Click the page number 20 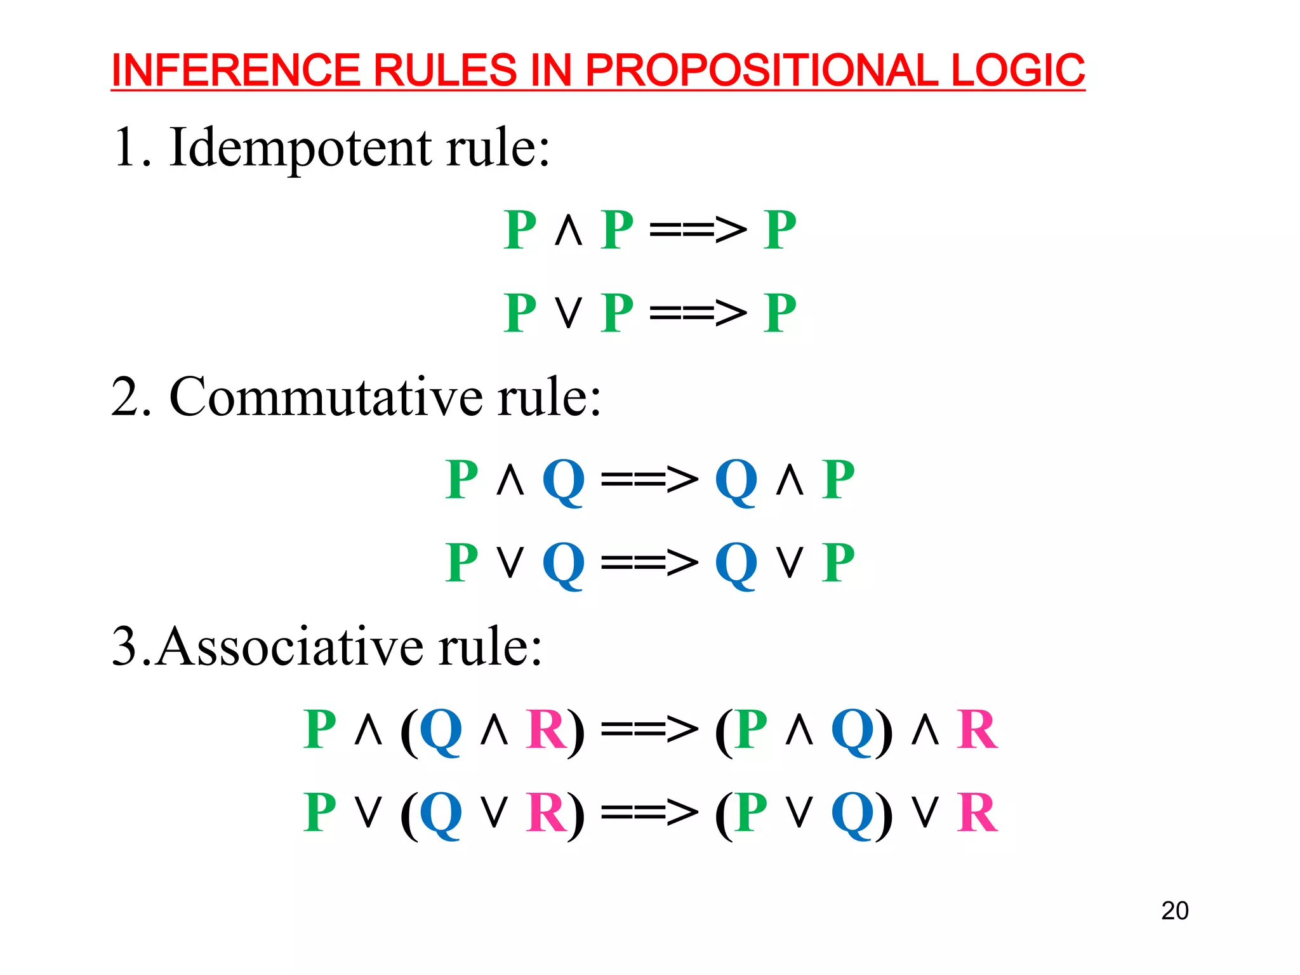[x=1174, y=910]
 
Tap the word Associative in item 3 [x=288, y=647]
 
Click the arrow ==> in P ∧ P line [x=698, y=229]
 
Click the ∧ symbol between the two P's [x=568, y=230]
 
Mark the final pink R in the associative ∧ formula [x=977, y=730]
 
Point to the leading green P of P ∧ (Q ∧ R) [x=320, y=730]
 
